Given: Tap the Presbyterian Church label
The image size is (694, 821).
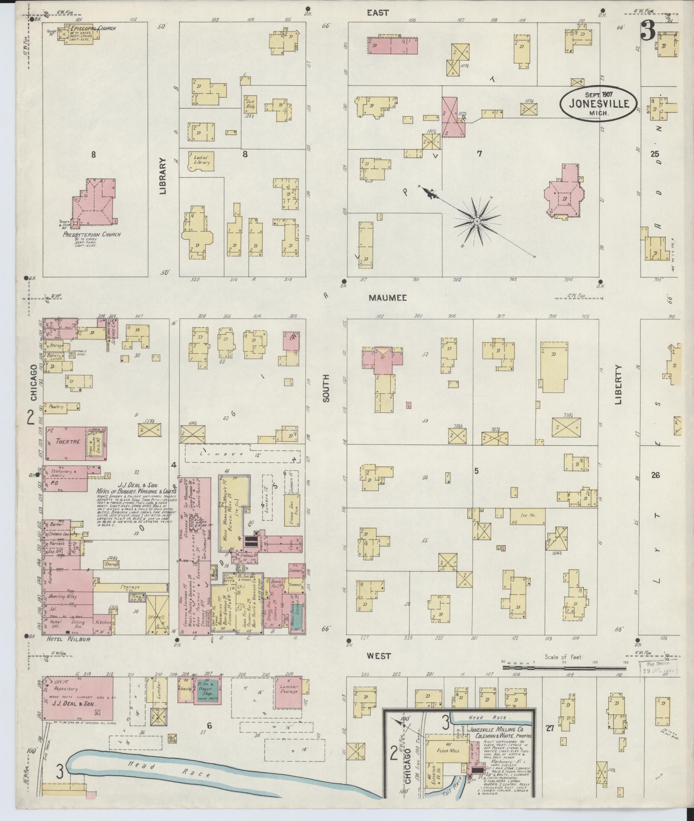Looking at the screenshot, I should click(x=92, y=234).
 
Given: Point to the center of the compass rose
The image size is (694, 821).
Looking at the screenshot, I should click(x=477, y=222).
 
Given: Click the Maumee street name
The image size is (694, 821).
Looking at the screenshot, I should click(x=387, y=298).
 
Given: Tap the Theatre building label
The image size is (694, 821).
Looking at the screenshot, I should click(x=66, y=442).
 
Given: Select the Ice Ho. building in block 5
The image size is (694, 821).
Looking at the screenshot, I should click(x=527, y=516).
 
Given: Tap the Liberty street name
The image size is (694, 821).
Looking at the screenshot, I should click(x=619, y=385).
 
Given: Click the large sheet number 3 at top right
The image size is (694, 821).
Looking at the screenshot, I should click(x=648, y=30).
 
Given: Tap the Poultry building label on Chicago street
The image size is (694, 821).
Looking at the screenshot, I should click(x=56, y=406).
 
